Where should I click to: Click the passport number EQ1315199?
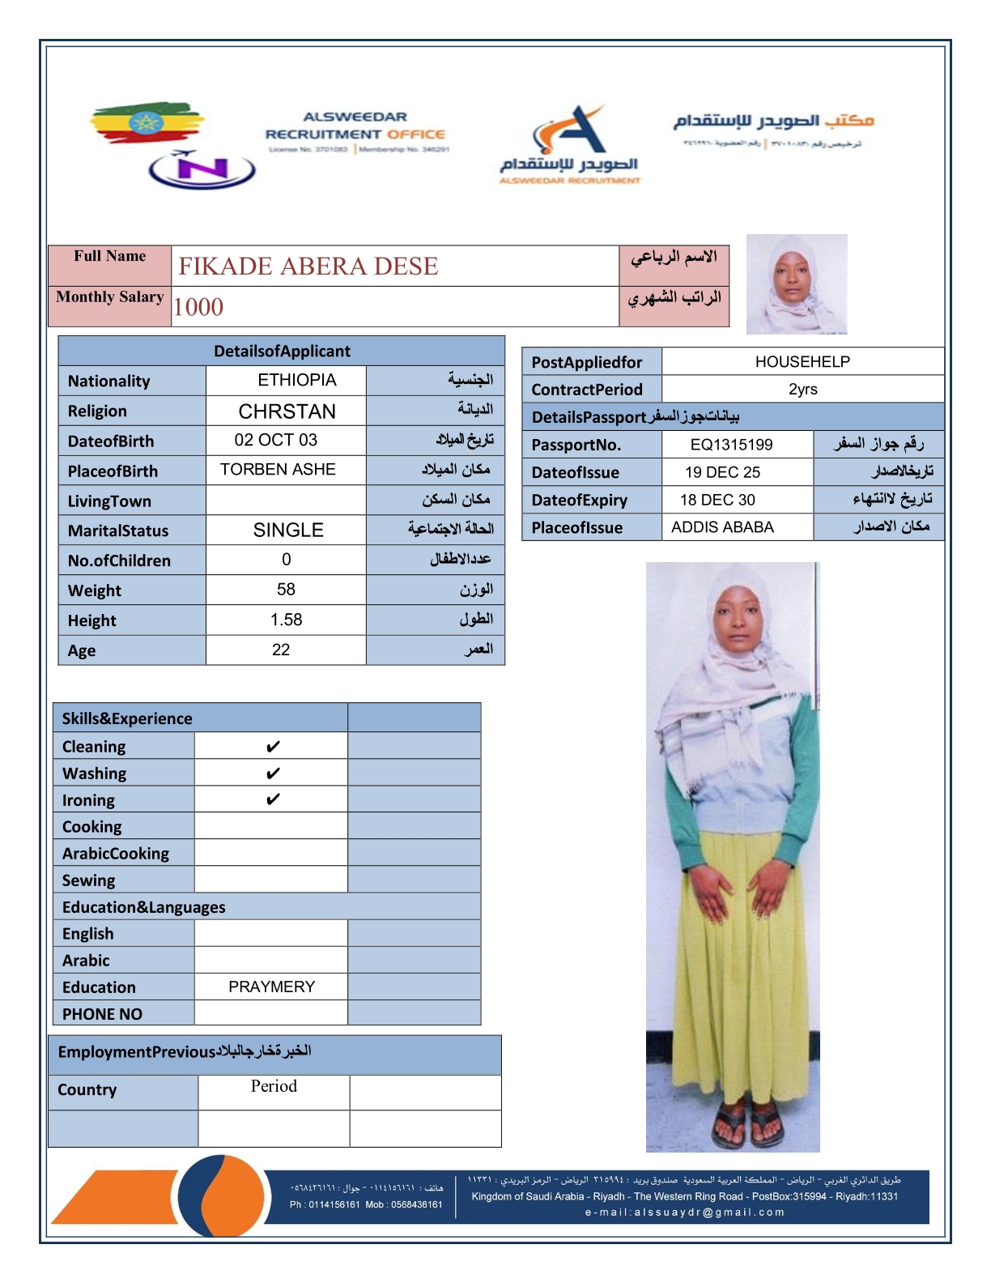731,445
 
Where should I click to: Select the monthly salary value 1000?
198,307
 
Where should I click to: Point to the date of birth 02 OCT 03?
275,440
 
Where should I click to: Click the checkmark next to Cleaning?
273,746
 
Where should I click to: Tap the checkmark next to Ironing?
273,799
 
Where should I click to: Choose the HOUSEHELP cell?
802,361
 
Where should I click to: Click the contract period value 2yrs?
802,389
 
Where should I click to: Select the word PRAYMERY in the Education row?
271,987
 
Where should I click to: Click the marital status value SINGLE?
288,530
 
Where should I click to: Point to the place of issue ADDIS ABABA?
722,527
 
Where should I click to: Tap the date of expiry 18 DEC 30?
717,500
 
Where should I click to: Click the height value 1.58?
286,620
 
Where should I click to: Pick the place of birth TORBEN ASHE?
278,470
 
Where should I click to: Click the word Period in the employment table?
274,1086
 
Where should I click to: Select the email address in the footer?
685,1213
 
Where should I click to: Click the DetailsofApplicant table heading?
282,351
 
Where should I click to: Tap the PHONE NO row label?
102,1014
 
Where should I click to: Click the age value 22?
281,650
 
